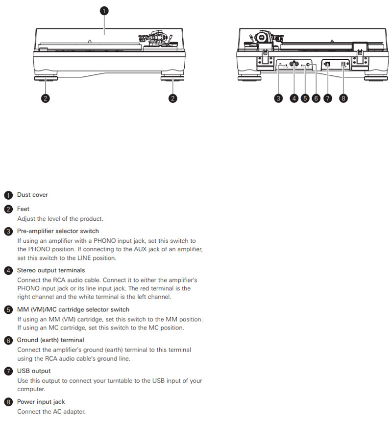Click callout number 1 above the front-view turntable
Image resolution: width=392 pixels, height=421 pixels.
point(104,10)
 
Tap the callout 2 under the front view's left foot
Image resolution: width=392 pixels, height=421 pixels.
point(45,98)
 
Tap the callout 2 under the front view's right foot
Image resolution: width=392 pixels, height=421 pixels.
point(172,98)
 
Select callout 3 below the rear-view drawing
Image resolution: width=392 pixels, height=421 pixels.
point(278,98)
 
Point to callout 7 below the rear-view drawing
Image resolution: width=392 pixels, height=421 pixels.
point(327,98)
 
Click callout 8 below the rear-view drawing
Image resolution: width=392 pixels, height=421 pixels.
point(343,98)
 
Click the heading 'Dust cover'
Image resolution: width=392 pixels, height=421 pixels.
point(32,195)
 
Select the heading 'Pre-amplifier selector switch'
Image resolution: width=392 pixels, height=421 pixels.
point(58,231)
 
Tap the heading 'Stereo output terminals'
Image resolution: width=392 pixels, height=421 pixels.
point(51,270)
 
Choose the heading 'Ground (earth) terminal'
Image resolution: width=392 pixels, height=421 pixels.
point(50,340)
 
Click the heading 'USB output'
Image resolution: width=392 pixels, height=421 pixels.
point(34,371)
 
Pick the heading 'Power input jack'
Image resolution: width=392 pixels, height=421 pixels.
point(41,402)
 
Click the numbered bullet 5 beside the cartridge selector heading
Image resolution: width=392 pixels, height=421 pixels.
point(8,310)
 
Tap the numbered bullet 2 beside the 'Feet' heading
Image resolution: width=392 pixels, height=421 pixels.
point(8,210)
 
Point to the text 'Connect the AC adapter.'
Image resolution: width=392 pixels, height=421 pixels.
point(51,411)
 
